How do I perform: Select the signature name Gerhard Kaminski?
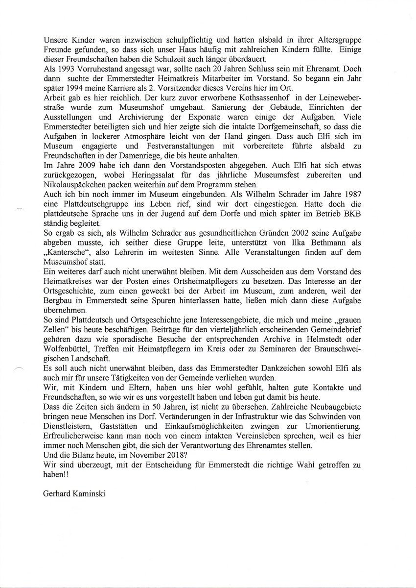73,493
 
